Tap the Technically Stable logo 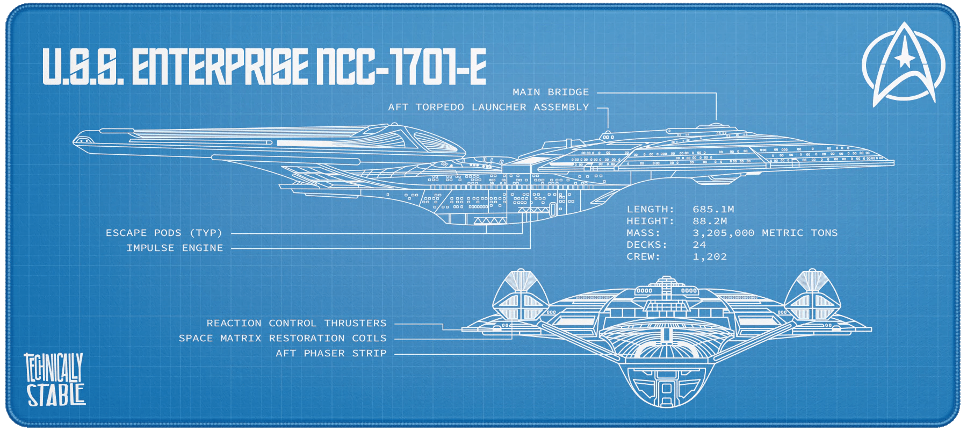(54, 379)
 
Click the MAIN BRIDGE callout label (551, 92)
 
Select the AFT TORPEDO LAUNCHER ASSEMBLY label (488, 107)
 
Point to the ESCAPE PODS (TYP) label (164, 233)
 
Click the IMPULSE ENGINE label (175, 248)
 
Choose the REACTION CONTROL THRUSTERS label (297, 324)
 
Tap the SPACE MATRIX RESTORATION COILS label (283, 339)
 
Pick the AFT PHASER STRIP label (331, 354)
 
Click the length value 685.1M (713, 210)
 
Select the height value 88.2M (710, 221)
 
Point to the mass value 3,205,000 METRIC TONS (765, 233)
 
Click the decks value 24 (699, 245)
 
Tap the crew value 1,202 (710, 257)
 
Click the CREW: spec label (643, 257)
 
